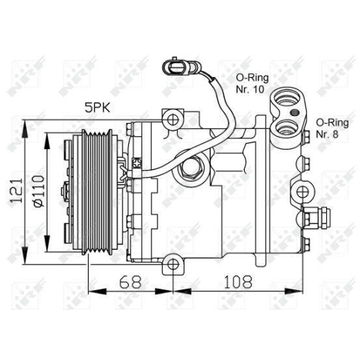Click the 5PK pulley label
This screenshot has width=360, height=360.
coord(99,108)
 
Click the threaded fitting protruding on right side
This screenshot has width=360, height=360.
coord(316,217)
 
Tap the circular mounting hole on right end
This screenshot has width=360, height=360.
coord(302,192)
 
